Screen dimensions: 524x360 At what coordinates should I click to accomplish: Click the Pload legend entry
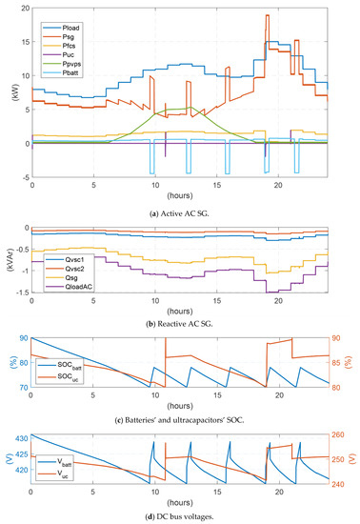point(75,19)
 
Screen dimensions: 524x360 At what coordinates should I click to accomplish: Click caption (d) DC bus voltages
point(180,515)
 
